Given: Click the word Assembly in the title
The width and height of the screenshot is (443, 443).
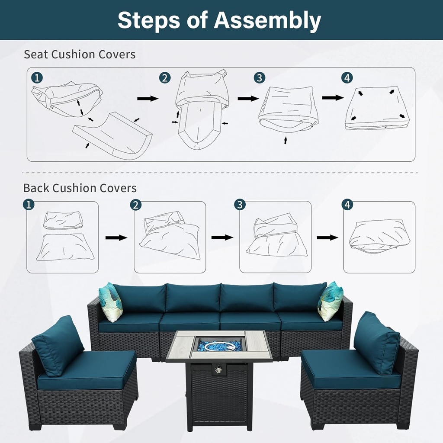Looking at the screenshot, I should tap(268, 20).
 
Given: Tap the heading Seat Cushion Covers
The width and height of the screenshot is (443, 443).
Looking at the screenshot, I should tap(80, 55).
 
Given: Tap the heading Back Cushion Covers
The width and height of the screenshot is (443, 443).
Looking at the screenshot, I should tap(80, 188).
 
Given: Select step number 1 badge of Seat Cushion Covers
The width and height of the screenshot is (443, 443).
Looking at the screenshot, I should tap(37, 78).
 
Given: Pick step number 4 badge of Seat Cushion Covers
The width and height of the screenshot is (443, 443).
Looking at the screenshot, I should tap(347, 78).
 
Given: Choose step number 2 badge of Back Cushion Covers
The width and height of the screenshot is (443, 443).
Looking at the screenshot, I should tap(136, 205).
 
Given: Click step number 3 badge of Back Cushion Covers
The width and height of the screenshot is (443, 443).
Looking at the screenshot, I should tap(240, 205).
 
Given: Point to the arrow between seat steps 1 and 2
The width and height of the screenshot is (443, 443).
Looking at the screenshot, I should tap(148, 99).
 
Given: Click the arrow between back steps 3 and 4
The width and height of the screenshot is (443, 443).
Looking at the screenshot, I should tap(327, 237).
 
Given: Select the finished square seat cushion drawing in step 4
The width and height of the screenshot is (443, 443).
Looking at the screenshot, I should tap(377, 109).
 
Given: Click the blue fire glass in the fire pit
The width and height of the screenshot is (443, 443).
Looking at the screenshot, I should tap(219, 345).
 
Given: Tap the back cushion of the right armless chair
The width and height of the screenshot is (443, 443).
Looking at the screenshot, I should tap(376, 342).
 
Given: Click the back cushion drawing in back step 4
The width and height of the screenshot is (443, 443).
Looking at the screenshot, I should tap(379, 236).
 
